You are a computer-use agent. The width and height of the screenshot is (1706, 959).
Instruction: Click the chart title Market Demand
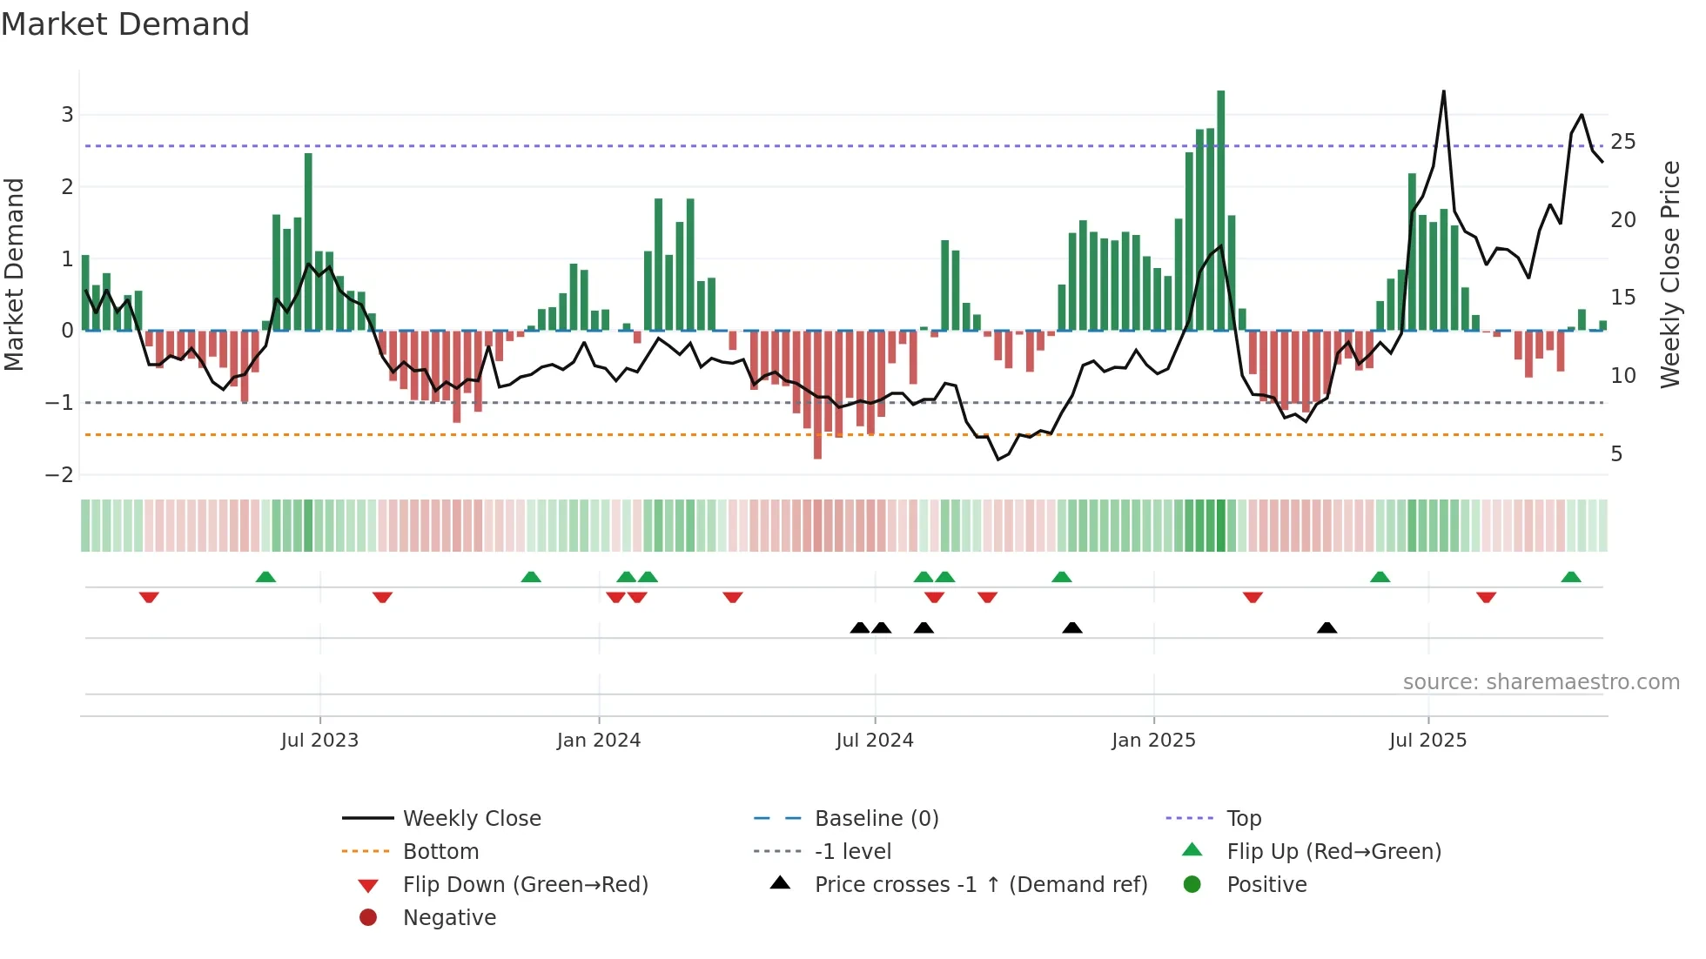pos(125,24)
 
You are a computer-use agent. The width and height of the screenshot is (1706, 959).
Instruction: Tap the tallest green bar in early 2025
pos(1220,209)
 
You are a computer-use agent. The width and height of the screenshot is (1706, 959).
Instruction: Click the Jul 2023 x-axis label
pos(319,741)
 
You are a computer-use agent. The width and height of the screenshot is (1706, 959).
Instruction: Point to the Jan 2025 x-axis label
pos(1153,741)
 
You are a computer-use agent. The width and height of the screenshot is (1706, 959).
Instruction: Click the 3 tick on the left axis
pos(67,115)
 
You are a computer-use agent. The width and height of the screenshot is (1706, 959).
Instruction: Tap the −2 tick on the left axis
pos(60,475)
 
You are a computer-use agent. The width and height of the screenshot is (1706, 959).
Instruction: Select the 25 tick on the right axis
pos(1622,142)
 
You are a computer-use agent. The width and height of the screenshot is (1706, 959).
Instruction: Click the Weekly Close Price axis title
pos(1669,274)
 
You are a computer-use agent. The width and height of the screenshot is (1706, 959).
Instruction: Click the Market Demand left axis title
pos(15,274)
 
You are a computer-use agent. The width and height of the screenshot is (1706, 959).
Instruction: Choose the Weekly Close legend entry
pos(471,819)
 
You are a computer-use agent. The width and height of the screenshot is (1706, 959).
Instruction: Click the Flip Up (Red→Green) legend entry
pos(1333,852)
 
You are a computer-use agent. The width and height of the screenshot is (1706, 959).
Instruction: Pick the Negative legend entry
pos(449,918)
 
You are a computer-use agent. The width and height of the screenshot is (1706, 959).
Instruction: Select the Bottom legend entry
pos(440,852)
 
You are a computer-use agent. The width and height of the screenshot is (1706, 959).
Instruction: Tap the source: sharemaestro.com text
pos(1541,682)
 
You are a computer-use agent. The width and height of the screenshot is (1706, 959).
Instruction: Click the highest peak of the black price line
pos(1443,92)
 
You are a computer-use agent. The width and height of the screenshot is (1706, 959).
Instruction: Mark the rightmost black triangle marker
pos(1327,628)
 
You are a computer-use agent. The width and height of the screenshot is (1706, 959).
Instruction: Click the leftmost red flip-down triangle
pos(149,597)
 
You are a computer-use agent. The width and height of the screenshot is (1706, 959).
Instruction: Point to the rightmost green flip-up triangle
pos(1570,577)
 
